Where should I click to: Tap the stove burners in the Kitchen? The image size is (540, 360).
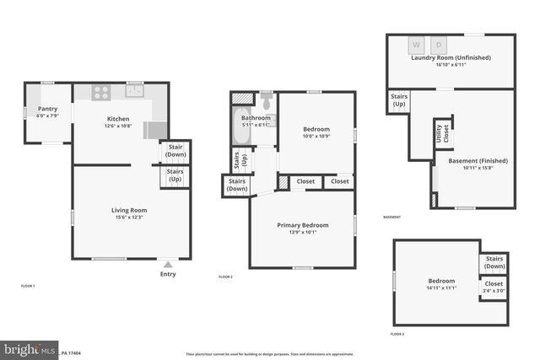[100, 93]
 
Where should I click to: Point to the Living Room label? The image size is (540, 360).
[129, 210]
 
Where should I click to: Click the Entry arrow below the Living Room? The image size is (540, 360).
[168, 264]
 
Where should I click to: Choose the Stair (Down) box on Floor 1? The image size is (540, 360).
[175, 151]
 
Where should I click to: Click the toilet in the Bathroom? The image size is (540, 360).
[267, 104]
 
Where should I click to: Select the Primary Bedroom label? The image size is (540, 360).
[303, 225]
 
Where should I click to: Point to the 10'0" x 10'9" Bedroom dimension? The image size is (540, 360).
[316, 136]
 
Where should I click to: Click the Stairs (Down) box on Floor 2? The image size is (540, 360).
[237, 185]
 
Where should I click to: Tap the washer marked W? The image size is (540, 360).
[417, 46]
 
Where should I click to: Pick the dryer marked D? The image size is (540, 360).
[439, 46]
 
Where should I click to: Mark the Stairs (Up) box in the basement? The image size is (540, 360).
[399, 101]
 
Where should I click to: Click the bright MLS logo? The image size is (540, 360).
[30, 348]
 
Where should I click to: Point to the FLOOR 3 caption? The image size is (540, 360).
[397, 335]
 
